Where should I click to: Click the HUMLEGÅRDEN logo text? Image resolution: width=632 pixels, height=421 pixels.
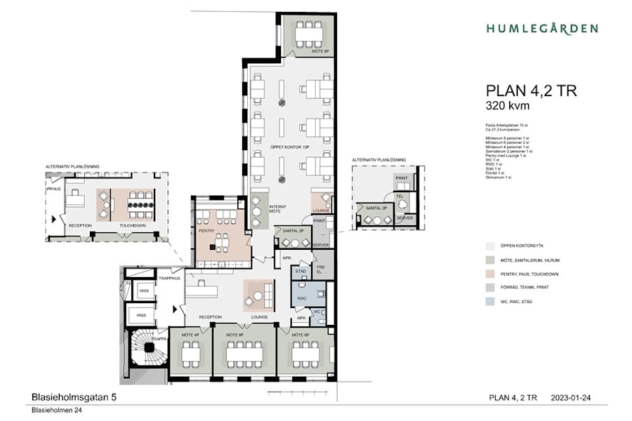(x=541, y=29)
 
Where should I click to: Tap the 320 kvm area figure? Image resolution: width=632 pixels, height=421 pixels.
(x=507, y=106)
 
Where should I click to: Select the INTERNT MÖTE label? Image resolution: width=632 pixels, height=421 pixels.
(x=279, y=208)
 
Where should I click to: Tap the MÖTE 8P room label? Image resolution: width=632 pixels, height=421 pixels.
(x=235, y=335)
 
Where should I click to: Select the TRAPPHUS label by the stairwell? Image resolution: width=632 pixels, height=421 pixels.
(x=171, y=277)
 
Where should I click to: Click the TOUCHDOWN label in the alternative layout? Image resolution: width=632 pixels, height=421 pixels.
(x=133, y=225)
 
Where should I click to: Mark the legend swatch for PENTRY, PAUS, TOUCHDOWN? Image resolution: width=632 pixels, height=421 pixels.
(x=490, y=274)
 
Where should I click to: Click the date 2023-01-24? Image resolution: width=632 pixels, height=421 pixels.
(x=571, y=398)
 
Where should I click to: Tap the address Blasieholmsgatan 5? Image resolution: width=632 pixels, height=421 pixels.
(x=74, y=397)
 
